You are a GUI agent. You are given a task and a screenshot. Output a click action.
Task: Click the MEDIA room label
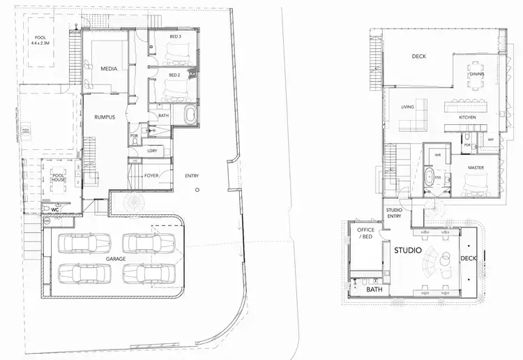point(108,68)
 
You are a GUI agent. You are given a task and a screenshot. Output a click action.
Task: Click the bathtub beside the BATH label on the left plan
point(190,116)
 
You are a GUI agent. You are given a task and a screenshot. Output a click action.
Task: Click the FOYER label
point(152,176)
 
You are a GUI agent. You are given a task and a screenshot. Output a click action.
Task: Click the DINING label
point(477,74)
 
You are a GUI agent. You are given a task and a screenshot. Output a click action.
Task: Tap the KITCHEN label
point(467,117)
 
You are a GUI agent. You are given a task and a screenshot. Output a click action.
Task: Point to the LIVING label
point(408,107)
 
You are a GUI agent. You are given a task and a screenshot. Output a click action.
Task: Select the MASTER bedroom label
point(476,167)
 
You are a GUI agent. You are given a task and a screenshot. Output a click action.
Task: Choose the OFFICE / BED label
point(366,234)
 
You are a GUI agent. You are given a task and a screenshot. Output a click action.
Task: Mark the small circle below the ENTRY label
point(198,190)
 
